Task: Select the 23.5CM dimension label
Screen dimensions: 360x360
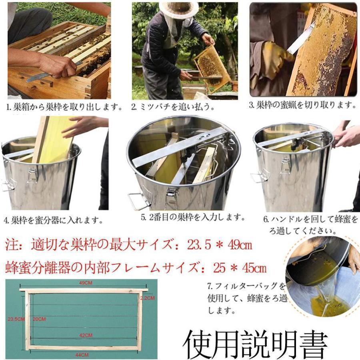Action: click(x=16, y=319)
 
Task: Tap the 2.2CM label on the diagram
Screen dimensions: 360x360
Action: click(x=148, y=298)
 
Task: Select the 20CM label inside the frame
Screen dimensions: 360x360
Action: click(x=40, y=319)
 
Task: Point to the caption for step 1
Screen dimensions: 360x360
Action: click(x=64, y=107)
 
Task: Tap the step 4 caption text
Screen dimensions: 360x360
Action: click(x=54, y=220)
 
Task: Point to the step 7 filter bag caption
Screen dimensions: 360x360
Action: click(x=247, y=298)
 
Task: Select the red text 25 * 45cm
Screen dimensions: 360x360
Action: click(x=240, y=267)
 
